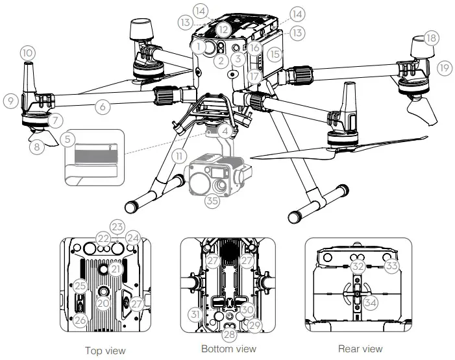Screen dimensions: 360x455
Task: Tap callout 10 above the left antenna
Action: coord(27,52)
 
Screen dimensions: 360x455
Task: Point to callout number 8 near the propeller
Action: coord(38,147)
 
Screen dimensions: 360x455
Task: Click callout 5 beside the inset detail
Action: coord(68,139)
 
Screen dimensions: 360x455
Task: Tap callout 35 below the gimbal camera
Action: coord(211,201)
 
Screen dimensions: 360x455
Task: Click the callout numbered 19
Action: coord(444,67)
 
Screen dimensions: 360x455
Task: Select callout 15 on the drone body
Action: coord(276,55)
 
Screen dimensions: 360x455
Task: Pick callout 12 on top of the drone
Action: coord(223,29)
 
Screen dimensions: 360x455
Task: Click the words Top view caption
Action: coord(105,350)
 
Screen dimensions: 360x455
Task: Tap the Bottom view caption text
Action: coord(228,349)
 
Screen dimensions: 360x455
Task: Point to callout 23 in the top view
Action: coord(117,227)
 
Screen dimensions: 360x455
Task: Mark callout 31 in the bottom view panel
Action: coord(193,315)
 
